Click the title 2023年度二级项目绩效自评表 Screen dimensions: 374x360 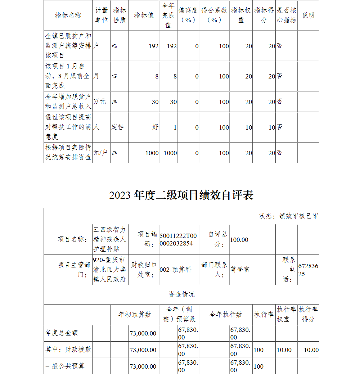[x=181, y=195]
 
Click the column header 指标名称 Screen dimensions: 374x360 [x=68, y=15]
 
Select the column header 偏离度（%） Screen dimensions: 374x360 [x=188, y=15]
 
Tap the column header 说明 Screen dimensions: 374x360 [x=308, y=15]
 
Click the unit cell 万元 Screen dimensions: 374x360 [x=100, y=102]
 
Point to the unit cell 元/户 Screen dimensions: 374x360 [x=100, y=153]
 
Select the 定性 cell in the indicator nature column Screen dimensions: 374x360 [x=118, y=127]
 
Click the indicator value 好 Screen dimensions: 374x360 [x=155, y=127]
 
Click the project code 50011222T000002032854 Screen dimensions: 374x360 [x=178, y=239]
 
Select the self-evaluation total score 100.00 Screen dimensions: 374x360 [x=239, y=240]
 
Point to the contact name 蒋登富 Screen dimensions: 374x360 [x=240, y=270]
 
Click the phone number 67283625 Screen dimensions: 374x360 [x=308, y=270]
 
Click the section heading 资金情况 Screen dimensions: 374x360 [x=181, y=294]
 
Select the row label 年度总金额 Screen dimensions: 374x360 [x=61, y=333]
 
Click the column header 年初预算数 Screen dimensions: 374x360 [x=135, y=315]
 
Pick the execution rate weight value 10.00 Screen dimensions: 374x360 [x=284, y=350]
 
